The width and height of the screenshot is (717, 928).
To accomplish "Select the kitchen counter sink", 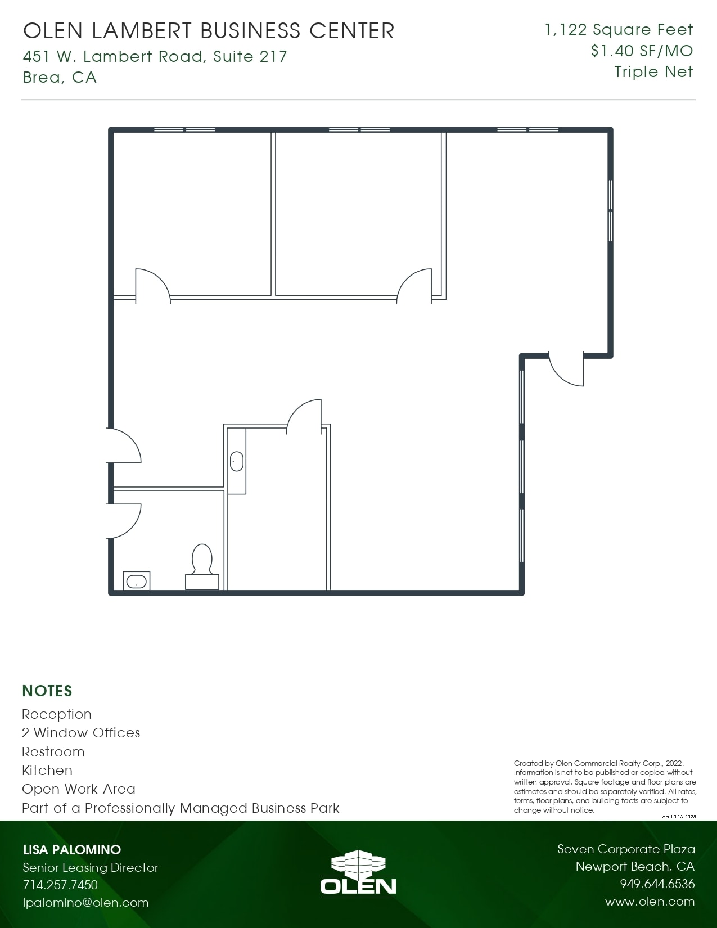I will click(x=237, y=461).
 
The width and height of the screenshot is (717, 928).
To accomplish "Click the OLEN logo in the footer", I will click(x=358, y=873).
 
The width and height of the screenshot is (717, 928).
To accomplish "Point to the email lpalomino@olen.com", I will click(x=85, y=903).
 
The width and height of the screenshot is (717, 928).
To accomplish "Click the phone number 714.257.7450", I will click(x=60, y=885).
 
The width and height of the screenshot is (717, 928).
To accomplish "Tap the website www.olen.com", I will click(x=650, y=902).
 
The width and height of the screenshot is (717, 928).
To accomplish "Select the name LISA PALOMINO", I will click(x=71, y=850).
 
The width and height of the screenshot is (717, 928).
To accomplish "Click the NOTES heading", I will click(x=47, y=691).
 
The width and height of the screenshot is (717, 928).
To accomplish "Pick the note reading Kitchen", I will click(x=47, y=771).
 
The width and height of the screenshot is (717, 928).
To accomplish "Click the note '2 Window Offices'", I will click(x=81, y=733).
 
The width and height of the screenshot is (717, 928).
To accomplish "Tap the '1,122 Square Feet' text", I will click(x=619, y=30).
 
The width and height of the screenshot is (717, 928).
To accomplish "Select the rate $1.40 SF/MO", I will click(x=642, y=51).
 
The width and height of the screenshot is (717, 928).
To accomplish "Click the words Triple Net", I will click(x=653, y=72).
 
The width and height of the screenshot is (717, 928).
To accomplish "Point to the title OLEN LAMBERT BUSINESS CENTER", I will click(x=209, y=31).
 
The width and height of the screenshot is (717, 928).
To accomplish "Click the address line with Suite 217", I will click(x=155, y=57).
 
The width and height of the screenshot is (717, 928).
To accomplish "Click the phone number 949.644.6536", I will click(x=657, y=884).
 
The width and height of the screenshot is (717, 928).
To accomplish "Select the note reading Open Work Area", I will click(x=79, y=789).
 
